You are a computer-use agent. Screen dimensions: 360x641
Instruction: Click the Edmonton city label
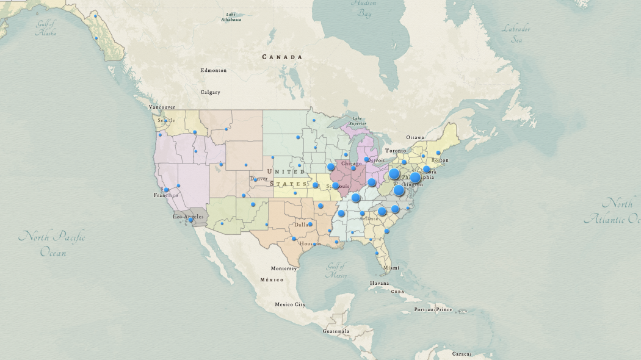click(213, 70)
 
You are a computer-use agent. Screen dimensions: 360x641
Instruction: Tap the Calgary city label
click(210, 92)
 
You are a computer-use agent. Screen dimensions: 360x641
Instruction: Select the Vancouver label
click(162, 107)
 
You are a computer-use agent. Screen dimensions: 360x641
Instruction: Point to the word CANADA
click(282, 57)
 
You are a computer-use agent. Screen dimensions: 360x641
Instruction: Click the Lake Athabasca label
click(231, 16)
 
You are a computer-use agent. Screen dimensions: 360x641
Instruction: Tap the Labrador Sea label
click(516, 34)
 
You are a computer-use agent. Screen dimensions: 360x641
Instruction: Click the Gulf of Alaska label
click(46, 28)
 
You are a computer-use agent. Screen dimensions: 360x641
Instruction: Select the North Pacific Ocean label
click(52, 243)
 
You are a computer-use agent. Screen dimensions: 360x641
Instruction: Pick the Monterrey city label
click(284, 268)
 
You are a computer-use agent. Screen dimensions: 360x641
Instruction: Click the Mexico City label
click(290, 304)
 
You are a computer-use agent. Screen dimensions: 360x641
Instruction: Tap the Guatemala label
click(336, 331)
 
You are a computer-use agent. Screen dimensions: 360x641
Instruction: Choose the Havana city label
click(379, 283)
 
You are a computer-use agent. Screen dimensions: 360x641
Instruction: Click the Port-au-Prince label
click(433, 309)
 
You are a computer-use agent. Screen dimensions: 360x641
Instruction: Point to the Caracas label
click(462, 354)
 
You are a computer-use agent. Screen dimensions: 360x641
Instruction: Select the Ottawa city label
click(415, 137)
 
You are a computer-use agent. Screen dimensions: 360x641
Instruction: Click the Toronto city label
click(395, 150)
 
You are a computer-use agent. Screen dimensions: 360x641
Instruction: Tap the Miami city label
click(391, 267)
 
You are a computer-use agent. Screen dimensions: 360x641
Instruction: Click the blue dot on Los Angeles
click(190, 220)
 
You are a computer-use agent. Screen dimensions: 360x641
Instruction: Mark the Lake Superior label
click(357, 121)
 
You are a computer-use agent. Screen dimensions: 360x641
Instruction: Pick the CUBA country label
click(397, 292)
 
